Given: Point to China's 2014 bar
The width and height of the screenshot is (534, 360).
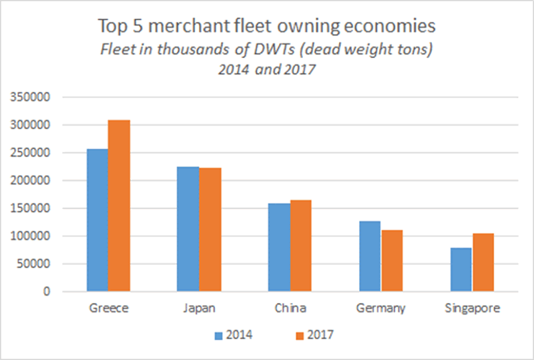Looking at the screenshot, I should (279, 247).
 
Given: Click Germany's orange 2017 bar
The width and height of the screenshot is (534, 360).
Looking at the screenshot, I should (392, 260).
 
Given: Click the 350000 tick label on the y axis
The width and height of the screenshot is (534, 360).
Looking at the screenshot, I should (31, 98).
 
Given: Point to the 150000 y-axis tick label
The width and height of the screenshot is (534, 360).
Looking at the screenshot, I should (31, 208).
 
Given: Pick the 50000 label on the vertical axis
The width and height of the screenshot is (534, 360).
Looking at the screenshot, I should (34, 264).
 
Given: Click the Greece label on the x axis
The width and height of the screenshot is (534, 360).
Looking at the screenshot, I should (108, 309).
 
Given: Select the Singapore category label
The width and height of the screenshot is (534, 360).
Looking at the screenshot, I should (472, 309).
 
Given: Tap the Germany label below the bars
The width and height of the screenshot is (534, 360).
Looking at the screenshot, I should (380, 309).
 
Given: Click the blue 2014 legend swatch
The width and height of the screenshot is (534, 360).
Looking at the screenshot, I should (218, 334).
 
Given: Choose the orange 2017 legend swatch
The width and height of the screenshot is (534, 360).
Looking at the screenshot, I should (298, 334).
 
